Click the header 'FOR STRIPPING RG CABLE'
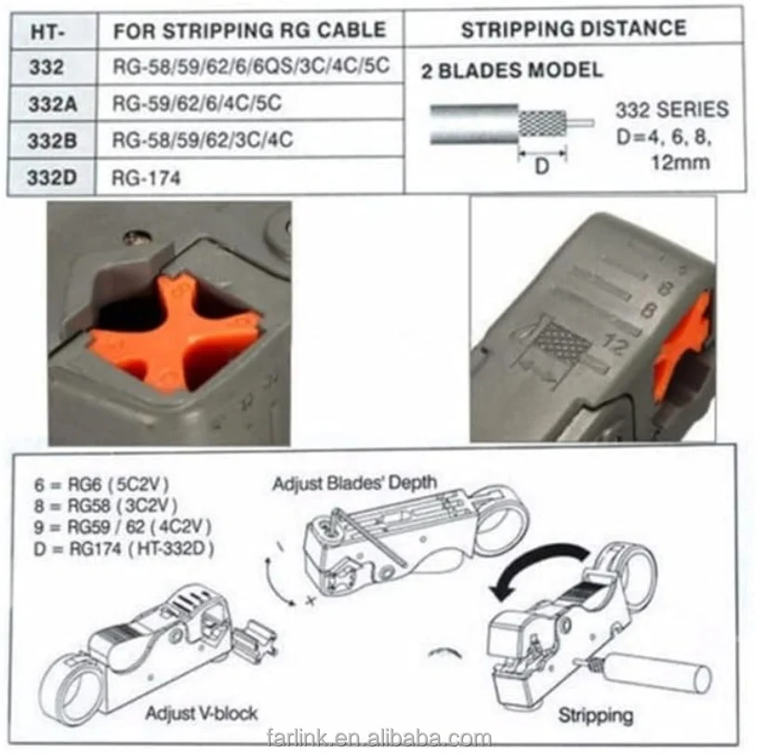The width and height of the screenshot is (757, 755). click(x=249, y=30)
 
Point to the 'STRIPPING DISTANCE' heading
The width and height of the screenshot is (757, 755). click(x=574, y=29)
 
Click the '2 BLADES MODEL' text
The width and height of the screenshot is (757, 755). click(x=511, y=70)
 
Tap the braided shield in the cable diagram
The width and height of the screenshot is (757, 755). click(x=540, y=123)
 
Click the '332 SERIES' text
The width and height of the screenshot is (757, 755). click(x=671, y=110)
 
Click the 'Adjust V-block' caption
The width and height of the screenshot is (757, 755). click(x=201, y=713)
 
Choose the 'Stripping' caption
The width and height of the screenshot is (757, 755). click(x=595, y=715)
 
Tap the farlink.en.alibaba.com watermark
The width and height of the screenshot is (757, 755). click(x=377, y=739)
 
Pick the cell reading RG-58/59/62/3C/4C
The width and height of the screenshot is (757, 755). click(x=203, y=141)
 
